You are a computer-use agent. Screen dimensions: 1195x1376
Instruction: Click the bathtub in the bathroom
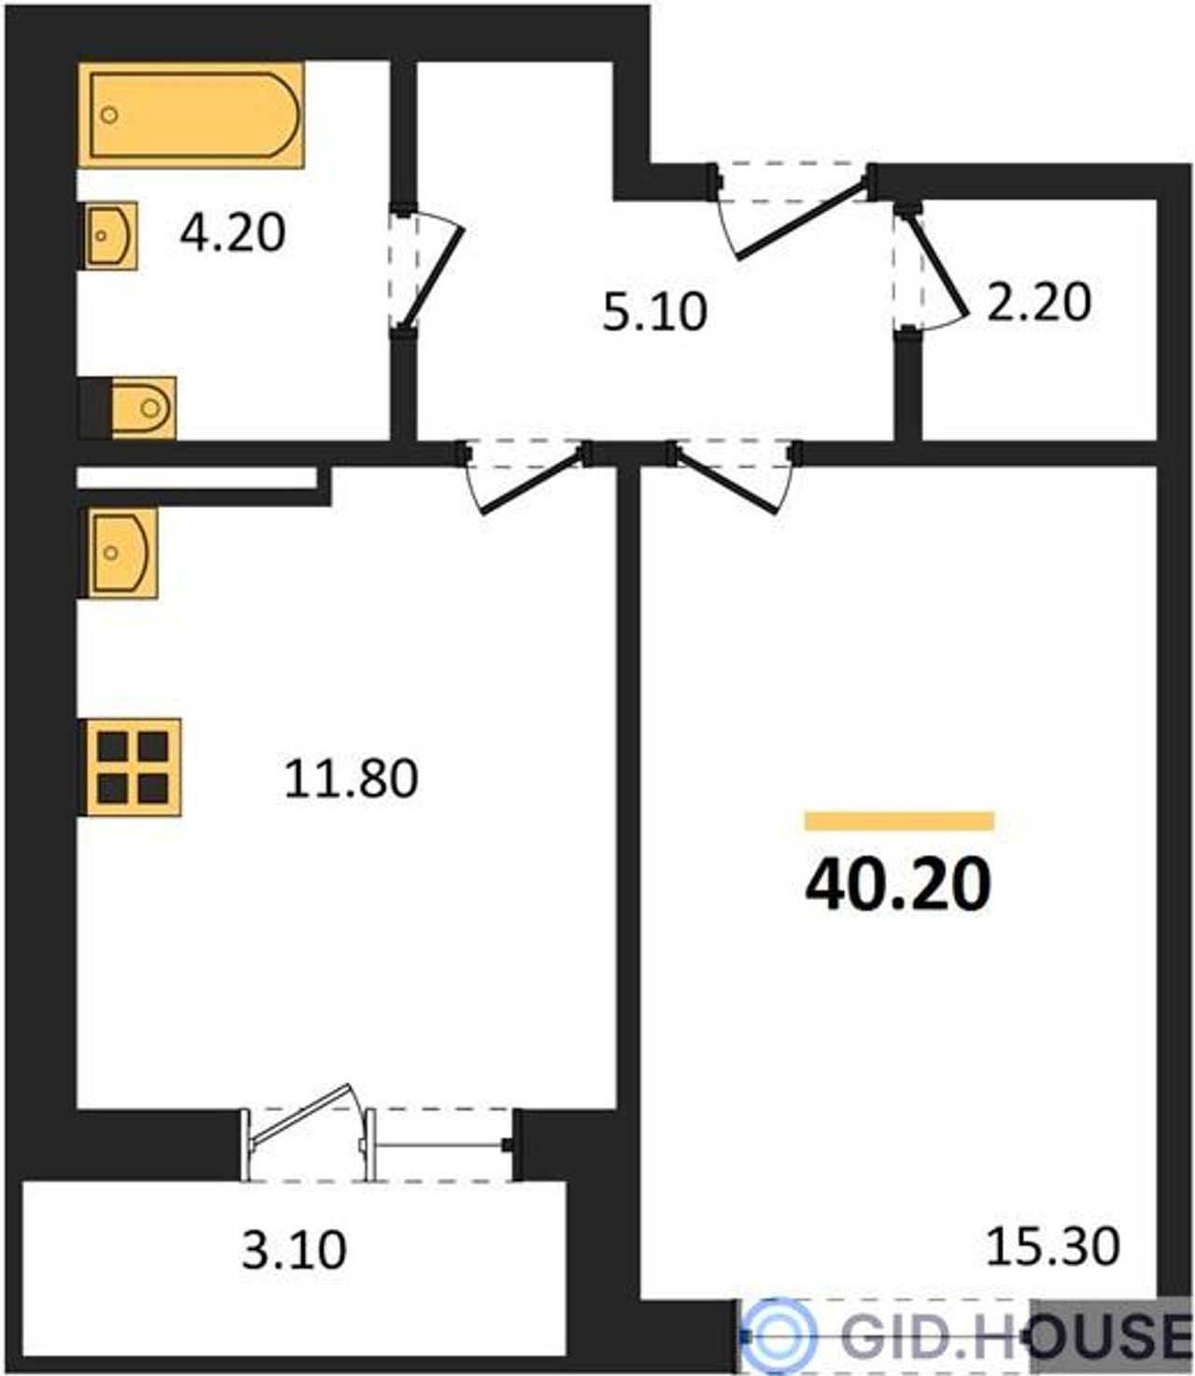[191, 115]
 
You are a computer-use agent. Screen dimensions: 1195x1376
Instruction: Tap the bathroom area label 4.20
[232, 232]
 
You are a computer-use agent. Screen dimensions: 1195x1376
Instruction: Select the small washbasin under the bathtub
[112, 235]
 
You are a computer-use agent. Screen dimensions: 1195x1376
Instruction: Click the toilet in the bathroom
[143, 408]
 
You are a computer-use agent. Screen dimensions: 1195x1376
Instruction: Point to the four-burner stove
[134, 767]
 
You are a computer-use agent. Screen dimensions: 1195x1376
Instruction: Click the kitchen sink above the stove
[121, 553]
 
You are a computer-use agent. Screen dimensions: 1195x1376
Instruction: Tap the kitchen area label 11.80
[351, 779]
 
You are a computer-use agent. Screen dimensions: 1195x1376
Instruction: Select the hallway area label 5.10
[654, 313]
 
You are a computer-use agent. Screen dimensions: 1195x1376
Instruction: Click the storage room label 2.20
[1039, 302]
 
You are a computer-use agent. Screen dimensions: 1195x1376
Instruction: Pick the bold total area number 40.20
[898, 884]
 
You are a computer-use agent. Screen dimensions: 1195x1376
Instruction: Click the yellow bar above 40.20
[899, 821]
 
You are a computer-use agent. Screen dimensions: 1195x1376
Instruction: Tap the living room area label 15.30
[1053, 1246]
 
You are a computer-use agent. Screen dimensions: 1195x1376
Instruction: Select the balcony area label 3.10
[294, 1250]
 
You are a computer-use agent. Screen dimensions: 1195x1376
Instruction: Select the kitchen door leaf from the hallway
[532, 484]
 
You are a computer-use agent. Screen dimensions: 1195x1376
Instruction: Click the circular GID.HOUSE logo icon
[778, 1334]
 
